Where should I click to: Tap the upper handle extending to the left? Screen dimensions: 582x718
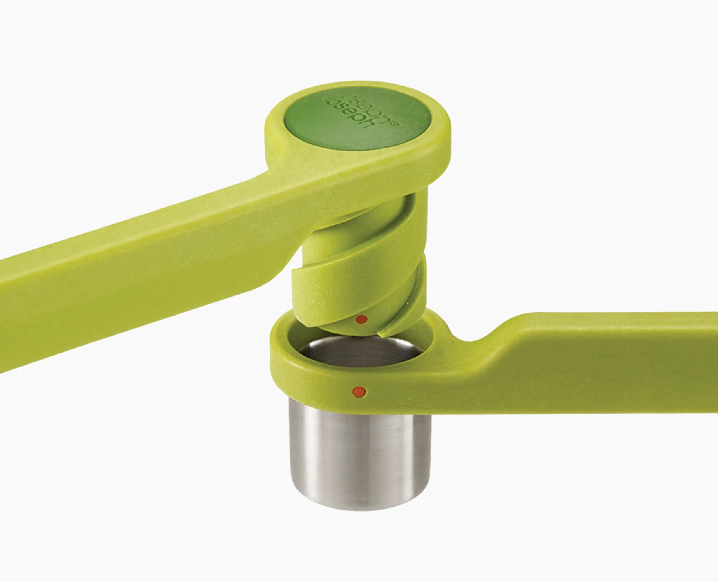(x=134, y=268)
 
